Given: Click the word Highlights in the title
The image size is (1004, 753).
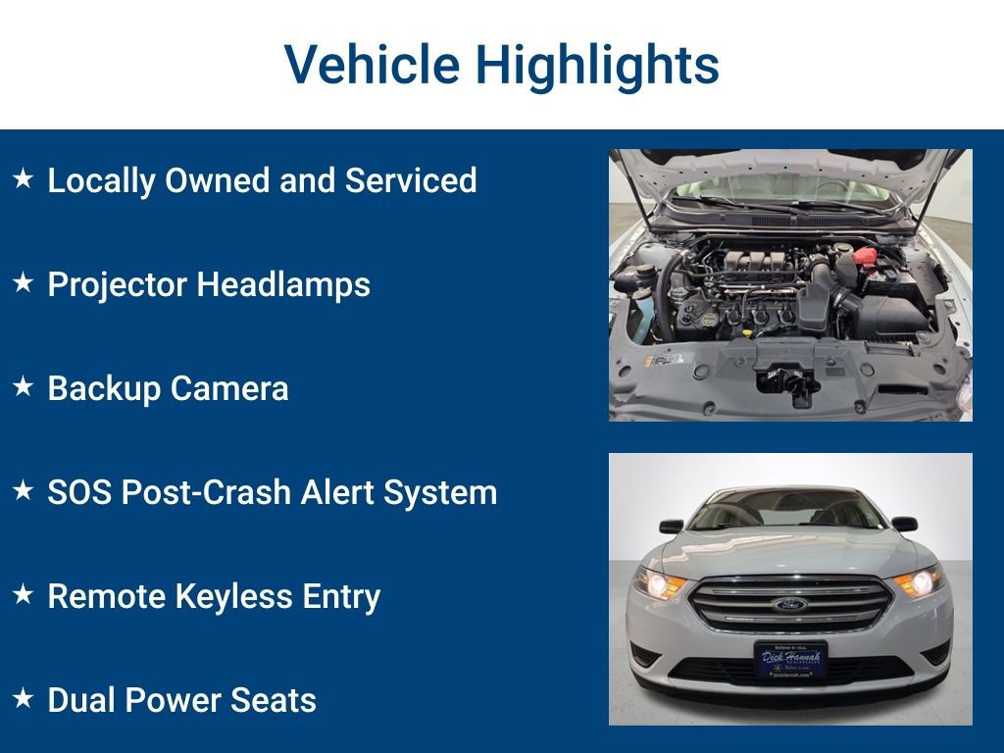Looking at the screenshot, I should coord(597,66).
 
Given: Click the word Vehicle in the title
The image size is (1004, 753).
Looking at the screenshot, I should coord(372,66).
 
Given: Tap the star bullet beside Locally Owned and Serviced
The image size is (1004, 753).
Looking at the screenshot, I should coord(23,179).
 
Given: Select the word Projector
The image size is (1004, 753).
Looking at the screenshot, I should coord(117,285).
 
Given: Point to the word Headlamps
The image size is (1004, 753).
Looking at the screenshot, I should coord(283,285).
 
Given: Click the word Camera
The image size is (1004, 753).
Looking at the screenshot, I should coord(228,389).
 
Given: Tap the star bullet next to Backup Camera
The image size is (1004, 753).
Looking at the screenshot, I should coord(23,387).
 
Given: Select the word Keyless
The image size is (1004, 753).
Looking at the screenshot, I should coord(226,597).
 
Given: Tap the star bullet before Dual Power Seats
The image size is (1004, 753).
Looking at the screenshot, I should coord(23,699).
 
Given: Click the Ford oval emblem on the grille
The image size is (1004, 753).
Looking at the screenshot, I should coord(789,604).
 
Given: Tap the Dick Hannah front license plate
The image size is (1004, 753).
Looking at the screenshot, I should coord(790,659).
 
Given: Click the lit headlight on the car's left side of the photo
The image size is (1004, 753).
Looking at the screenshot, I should coord(659,584).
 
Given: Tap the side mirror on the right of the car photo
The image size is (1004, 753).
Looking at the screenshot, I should coord(904,524).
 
